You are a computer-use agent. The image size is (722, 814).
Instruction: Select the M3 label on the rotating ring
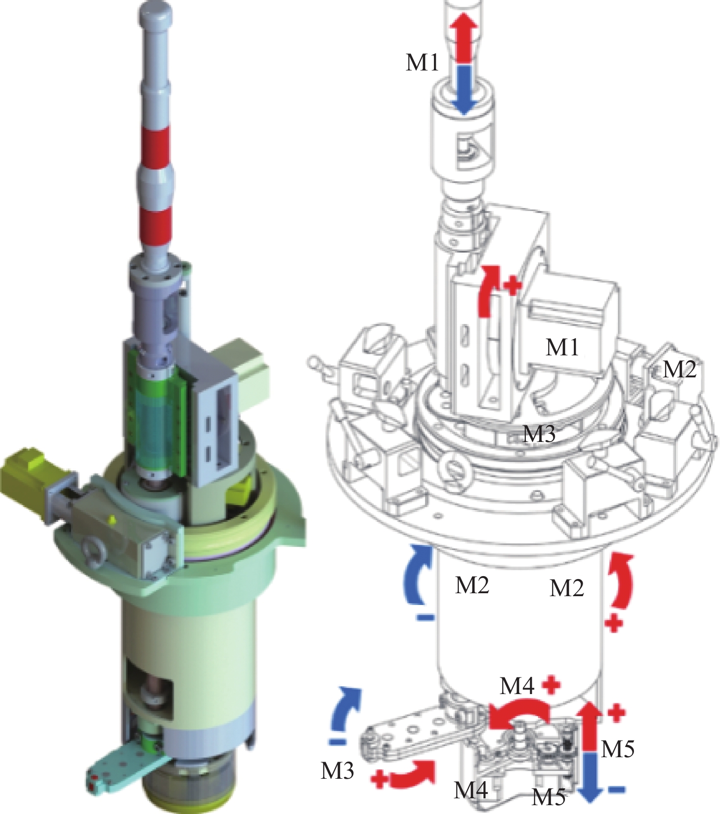(539, 433)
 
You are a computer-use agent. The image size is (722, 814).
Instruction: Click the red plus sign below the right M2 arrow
(613, 624)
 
